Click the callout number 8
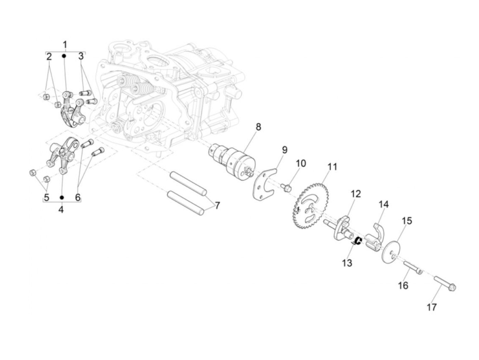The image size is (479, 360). click(258, 127)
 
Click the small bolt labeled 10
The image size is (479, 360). click(287, 187)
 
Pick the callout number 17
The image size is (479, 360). click(432, 307)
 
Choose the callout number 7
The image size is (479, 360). click(217, 205)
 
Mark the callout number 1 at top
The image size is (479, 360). click(65, 44)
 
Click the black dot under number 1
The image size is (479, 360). click(64, 56)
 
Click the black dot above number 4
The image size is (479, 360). click(62, 197)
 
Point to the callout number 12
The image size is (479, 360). click(355, 194)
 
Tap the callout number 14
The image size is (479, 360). click(384, 205)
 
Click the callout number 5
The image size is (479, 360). click(46, 197)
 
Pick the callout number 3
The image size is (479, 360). click(81, 56)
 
